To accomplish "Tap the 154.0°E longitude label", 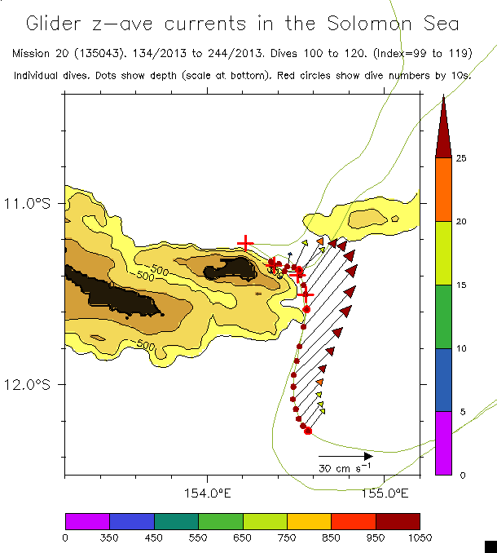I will [x=209, y=493].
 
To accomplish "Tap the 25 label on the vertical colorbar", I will [x=461, y=158].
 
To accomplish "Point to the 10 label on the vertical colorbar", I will [x=461, y=348].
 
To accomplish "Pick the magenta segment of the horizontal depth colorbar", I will [x=87, y=520].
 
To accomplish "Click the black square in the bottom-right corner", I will [x=490, y=546].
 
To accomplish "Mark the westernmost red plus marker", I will [x=245, y=243].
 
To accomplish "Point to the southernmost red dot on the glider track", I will [x=308, y=431].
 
